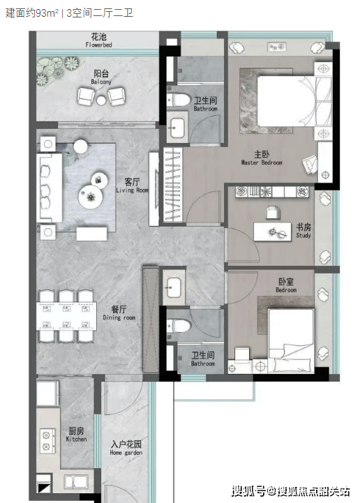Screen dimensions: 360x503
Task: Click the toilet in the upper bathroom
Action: [x=179, y=100]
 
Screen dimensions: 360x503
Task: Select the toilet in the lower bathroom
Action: [x=179, y=326]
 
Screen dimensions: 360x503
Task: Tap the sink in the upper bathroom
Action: [x=177, y=128]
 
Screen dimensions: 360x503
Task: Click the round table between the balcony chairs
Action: [x=101, y=100]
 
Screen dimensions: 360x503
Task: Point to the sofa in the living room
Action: [x=49, y=188]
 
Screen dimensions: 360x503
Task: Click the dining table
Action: [x=66, y=316]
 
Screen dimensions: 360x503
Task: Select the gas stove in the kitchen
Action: [x=47, y=441]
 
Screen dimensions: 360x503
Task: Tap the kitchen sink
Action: [x=76, y=481]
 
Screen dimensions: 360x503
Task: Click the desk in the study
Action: [x=272, y=232]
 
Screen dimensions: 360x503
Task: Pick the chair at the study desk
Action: [x=273, y=212]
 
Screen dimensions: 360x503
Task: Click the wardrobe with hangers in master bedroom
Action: [x=173, y=185]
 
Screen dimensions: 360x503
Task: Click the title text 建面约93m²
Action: [x=32, y=13]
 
